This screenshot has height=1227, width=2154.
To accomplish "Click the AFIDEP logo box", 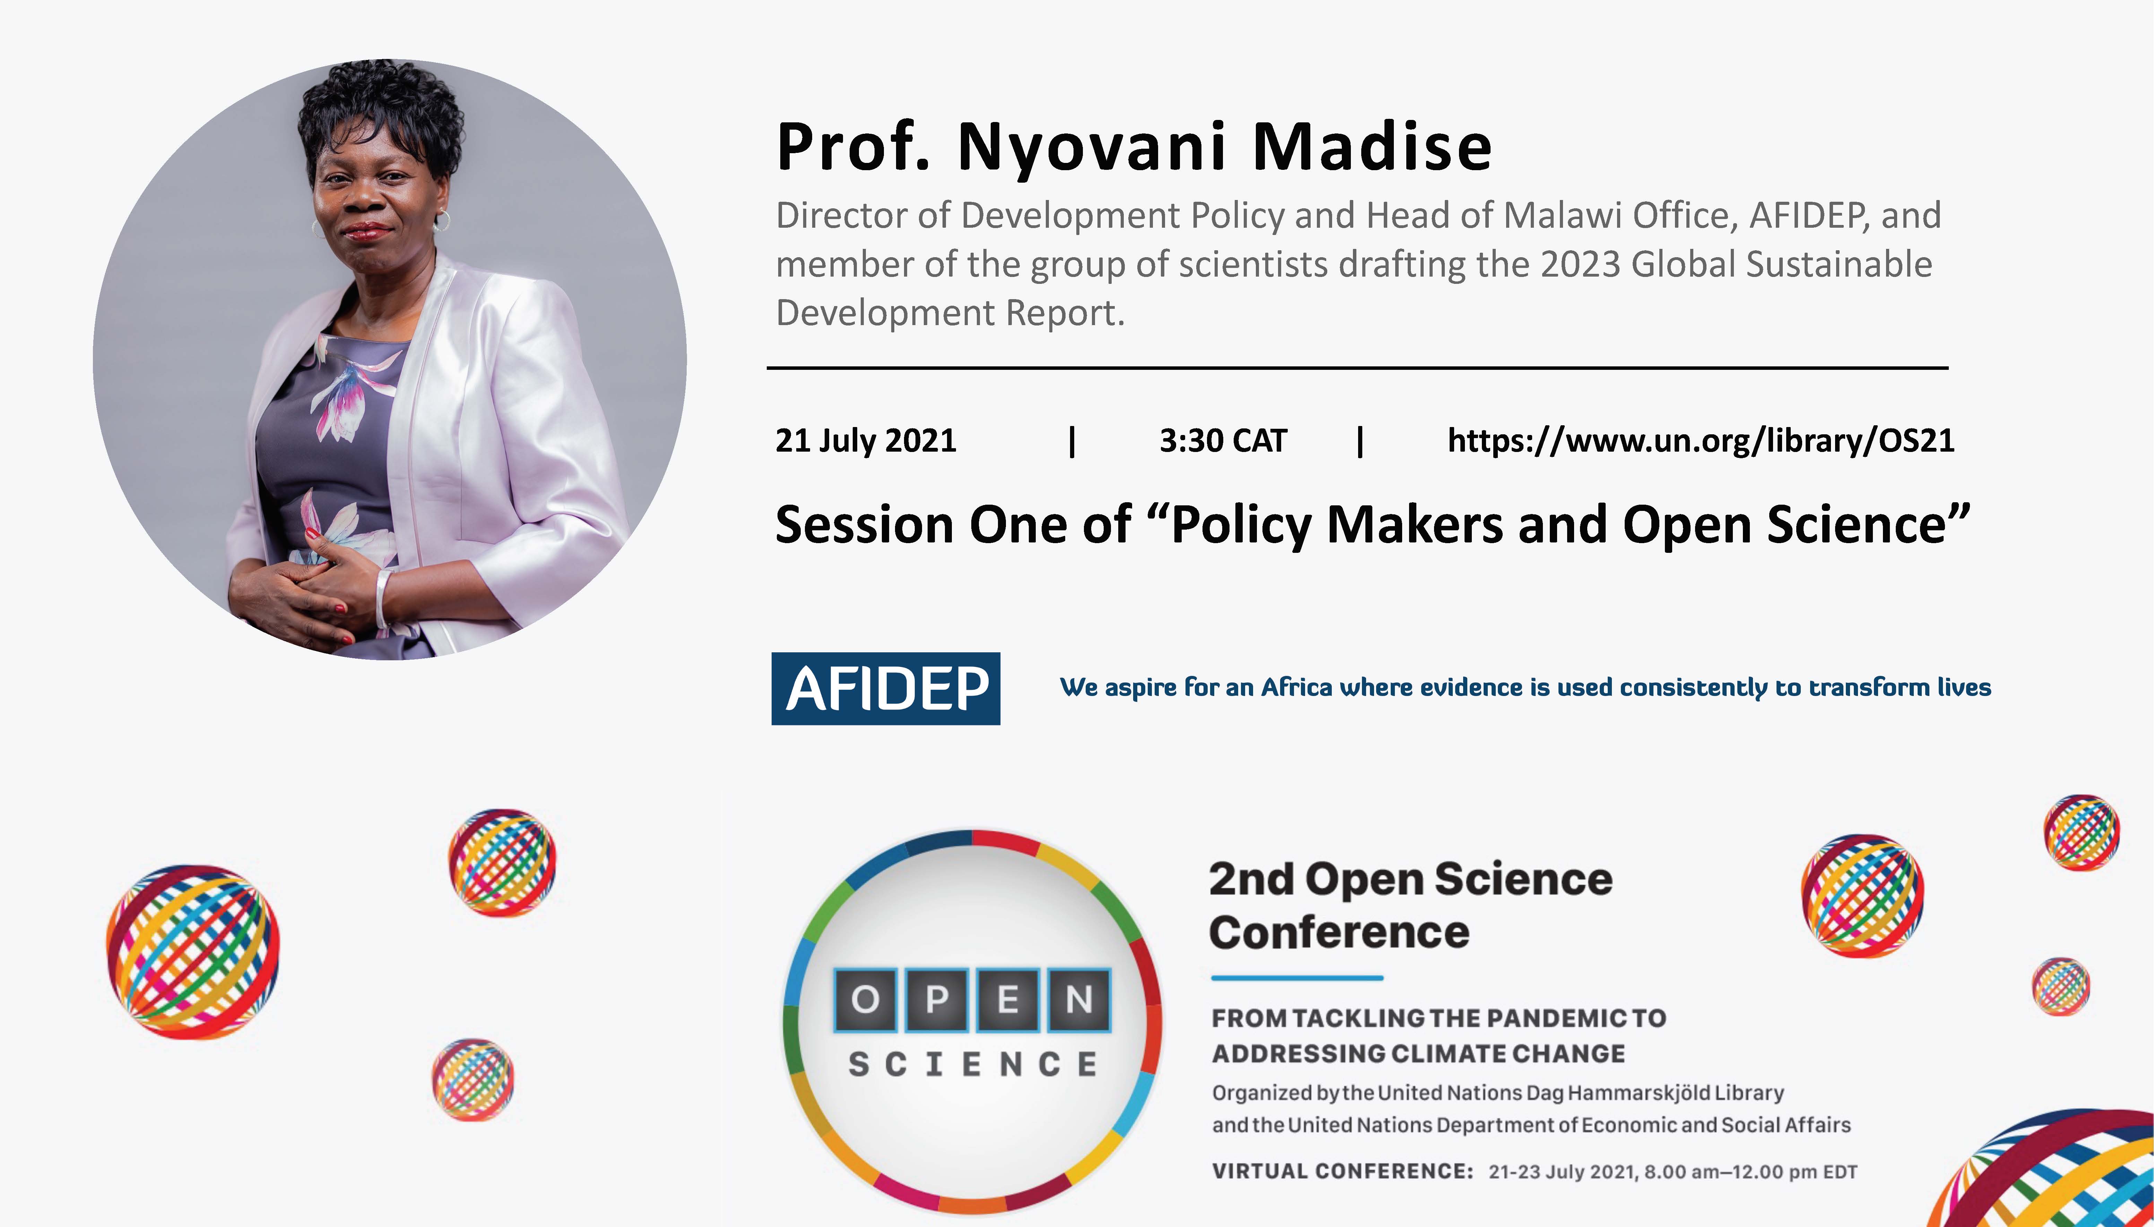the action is [886, 688].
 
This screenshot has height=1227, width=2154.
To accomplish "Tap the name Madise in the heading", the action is [1372, 147].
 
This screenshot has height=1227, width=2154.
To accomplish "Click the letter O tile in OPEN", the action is [865, 1000].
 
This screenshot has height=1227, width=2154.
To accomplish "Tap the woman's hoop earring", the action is [442, 221].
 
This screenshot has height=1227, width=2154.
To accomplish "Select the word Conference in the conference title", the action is [1339, 932].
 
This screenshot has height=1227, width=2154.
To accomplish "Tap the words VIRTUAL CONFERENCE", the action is [1343, 1172].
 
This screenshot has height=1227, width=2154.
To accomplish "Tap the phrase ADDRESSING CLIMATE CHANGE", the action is [1418, 1053].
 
